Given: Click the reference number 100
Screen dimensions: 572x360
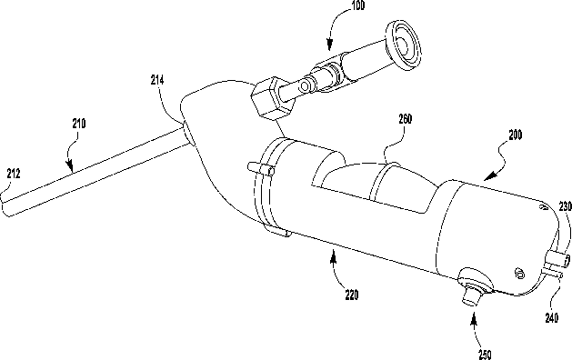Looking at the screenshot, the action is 358,5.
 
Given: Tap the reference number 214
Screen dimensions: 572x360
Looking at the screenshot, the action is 157,80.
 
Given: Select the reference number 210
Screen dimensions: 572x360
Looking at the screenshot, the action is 79,124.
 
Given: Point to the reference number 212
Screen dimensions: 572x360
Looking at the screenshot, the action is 14,174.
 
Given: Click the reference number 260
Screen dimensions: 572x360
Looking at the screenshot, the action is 406,119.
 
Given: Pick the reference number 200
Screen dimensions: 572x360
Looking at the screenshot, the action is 515,135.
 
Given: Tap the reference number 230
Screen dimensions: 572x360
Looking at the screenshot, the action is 565,206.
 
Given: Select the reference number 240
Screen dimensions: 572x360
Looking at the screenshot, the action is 552,317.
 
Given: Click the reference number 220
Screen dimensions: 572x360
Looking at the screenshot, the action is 352,295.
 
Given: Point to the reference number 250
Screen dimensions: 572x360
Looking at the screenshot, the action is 485,355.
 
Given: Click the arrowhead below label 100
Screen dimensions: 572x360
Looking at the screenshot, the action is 329,45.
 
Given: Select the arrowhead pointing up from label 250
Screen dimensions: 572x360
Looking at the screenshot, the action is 474,322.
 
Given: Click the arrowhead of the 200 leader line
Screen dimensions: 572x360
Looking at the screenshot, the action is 489,175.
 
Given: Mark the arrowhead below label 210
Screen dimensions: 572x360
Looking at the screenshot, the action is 70,165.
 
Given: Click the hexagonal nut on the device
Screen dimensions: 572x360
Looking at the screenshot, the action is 272,98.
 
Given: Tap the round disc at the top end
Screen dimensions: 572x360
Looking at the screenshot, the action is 403,45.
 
